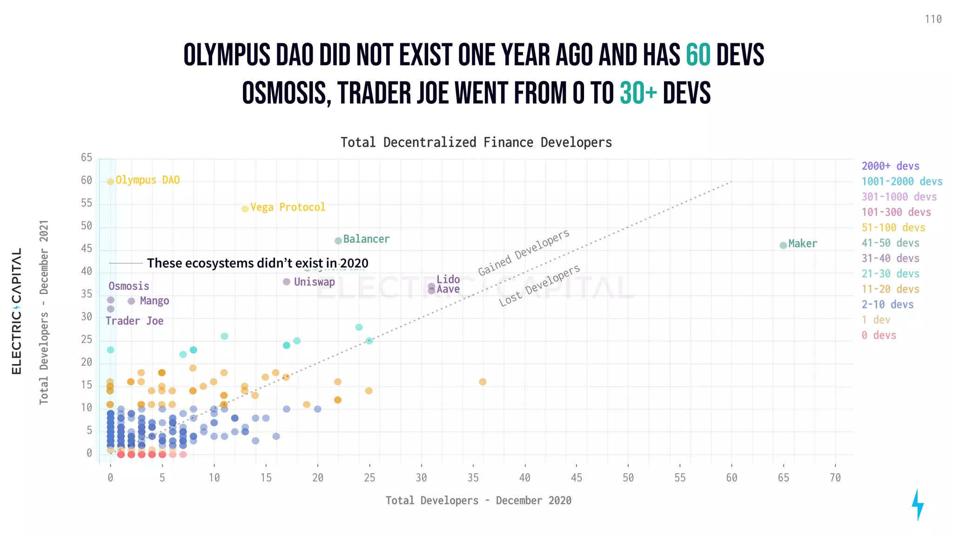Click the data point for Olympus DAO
(110, 181)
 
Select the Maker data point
(783, 245)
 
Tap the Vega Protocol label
(288, 207)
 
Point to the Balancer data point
(338, 241)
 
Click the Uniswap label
(314, 282)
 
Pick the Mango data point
(131, 301)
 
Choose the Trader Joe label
(134, 321)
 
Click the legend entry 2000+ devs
(890, 166)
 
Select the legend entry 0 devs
(879, 335)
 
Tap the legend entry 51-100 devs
(893, 228)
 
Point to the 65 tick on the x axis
(783, 478)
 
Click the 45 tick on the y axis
(87, 248)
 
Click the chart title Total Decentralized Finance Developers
(476, 142)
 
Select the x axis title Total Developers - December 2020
(478, 501)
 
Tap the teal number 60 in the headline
(698, 55)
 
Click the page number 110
(933, 20)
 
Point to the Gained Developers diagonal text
(523, 253)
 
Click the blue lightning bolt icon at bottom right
(917, 505)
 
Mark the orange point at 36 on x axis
(483, 382)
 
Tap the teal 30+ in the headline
(638, 93)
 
